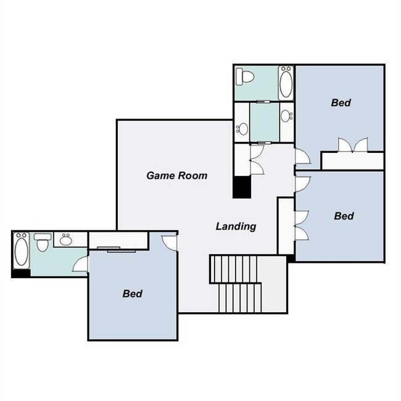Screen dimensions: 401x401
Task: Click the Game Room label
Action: pos(176,175)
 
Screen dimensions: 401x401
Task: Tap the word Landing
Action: pos(236,226)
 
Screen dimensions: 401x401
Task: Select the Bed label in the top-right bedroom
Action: pos(341,102)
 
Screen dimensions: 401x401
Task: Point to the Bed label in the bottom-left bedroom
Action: pos(132,293)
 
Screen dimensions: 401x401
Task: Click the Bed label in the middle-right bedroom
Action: pos(344,216)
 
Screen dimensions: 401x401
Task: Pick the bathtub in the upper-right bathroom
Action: pos(286,82)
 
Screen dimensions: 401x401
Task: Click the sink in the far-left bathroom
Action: pos(65,239)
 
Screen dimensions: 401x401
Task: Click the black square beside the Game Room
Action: pos(241,188)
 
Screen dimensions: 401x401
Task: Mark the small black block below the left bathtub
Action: pos(21,273)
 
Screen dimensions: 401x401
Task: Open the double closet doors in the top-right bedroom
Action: pos(352,146)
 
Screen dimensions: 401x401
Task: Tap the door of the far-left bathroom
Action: pos(81,264)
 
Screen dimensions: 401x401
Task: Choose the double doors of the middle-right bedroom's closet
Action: pos(301,225)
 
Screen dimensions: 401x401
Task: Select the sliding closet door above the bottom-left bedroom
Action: pos(118,249)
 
